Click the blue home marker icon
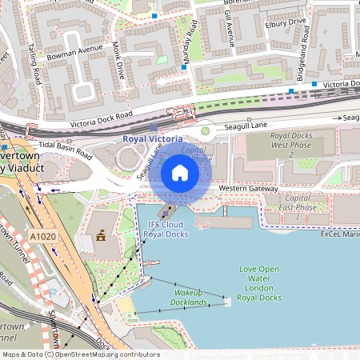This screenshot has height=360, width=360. pyautogui.click(x=179, y=173)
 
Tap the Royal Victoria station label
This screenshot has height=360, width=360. pyautogui.click(x=158, y=138)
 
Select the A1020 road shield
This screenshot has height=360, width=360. pyautogui.click(x=44, y=237)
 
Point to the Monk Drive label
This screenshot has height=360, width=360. pyautogui.click(x=120, y=61)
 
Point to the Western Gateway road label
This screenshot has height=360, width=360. pyautogui.click(x=247, y=189)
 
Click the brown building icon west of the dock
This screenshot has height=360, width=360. pyautogui.click(x=101, y=237)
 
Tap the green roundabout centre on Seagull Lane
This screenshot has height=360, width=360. pyautogui.click(x=205, y=130)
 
